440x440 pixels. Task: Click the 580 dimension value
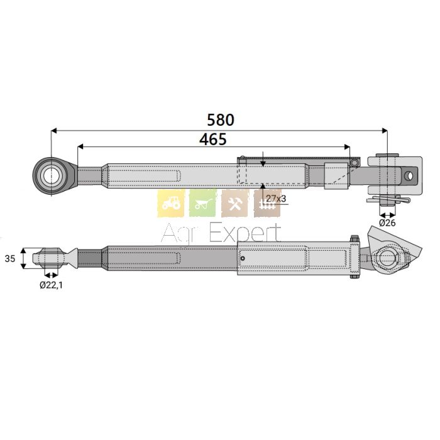click(220, 120)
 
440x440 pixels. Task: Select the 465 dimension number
click(212, 140)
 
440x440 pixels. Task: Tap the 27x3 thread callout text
click(276, 199)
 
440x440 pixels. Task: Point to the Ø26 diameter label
click(387, 223)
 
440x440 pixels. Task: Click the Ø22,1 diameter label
click(51, 285)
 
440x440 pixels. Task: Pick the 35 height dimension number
click(10, 258)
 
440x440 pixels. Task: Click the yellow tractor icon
click(171, 203)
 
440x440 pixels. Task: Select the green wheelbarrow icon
click(202, 203)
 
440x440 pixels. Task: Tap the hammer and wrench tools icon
click(235, 203)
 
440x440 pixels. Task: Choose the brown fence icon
click(267, 203)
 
